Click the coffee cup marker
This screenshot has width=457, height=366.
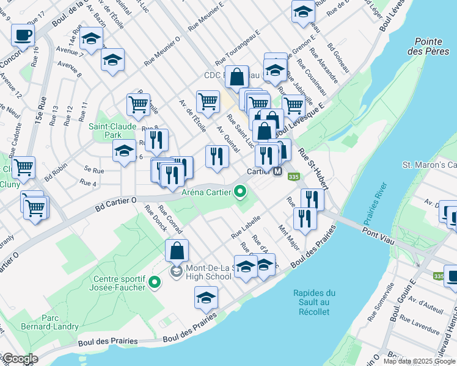pos(23,35)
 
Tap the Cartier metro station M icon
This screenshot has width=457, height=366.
pos(278,172)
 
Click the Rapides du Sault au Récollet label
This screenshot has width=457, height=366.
pos(311,303)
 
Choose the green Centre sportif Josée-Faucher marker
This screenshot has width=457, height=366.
pos(155,281)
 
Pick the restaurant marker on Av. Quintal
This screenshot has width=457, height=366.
pos(217,156)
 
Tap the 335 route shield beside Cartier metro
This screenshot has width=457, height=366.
pos(294,177)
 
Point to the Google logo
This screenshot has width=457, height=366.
pos(20,359)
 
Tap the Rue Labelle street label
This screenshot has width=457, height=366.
pos(246,226)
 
